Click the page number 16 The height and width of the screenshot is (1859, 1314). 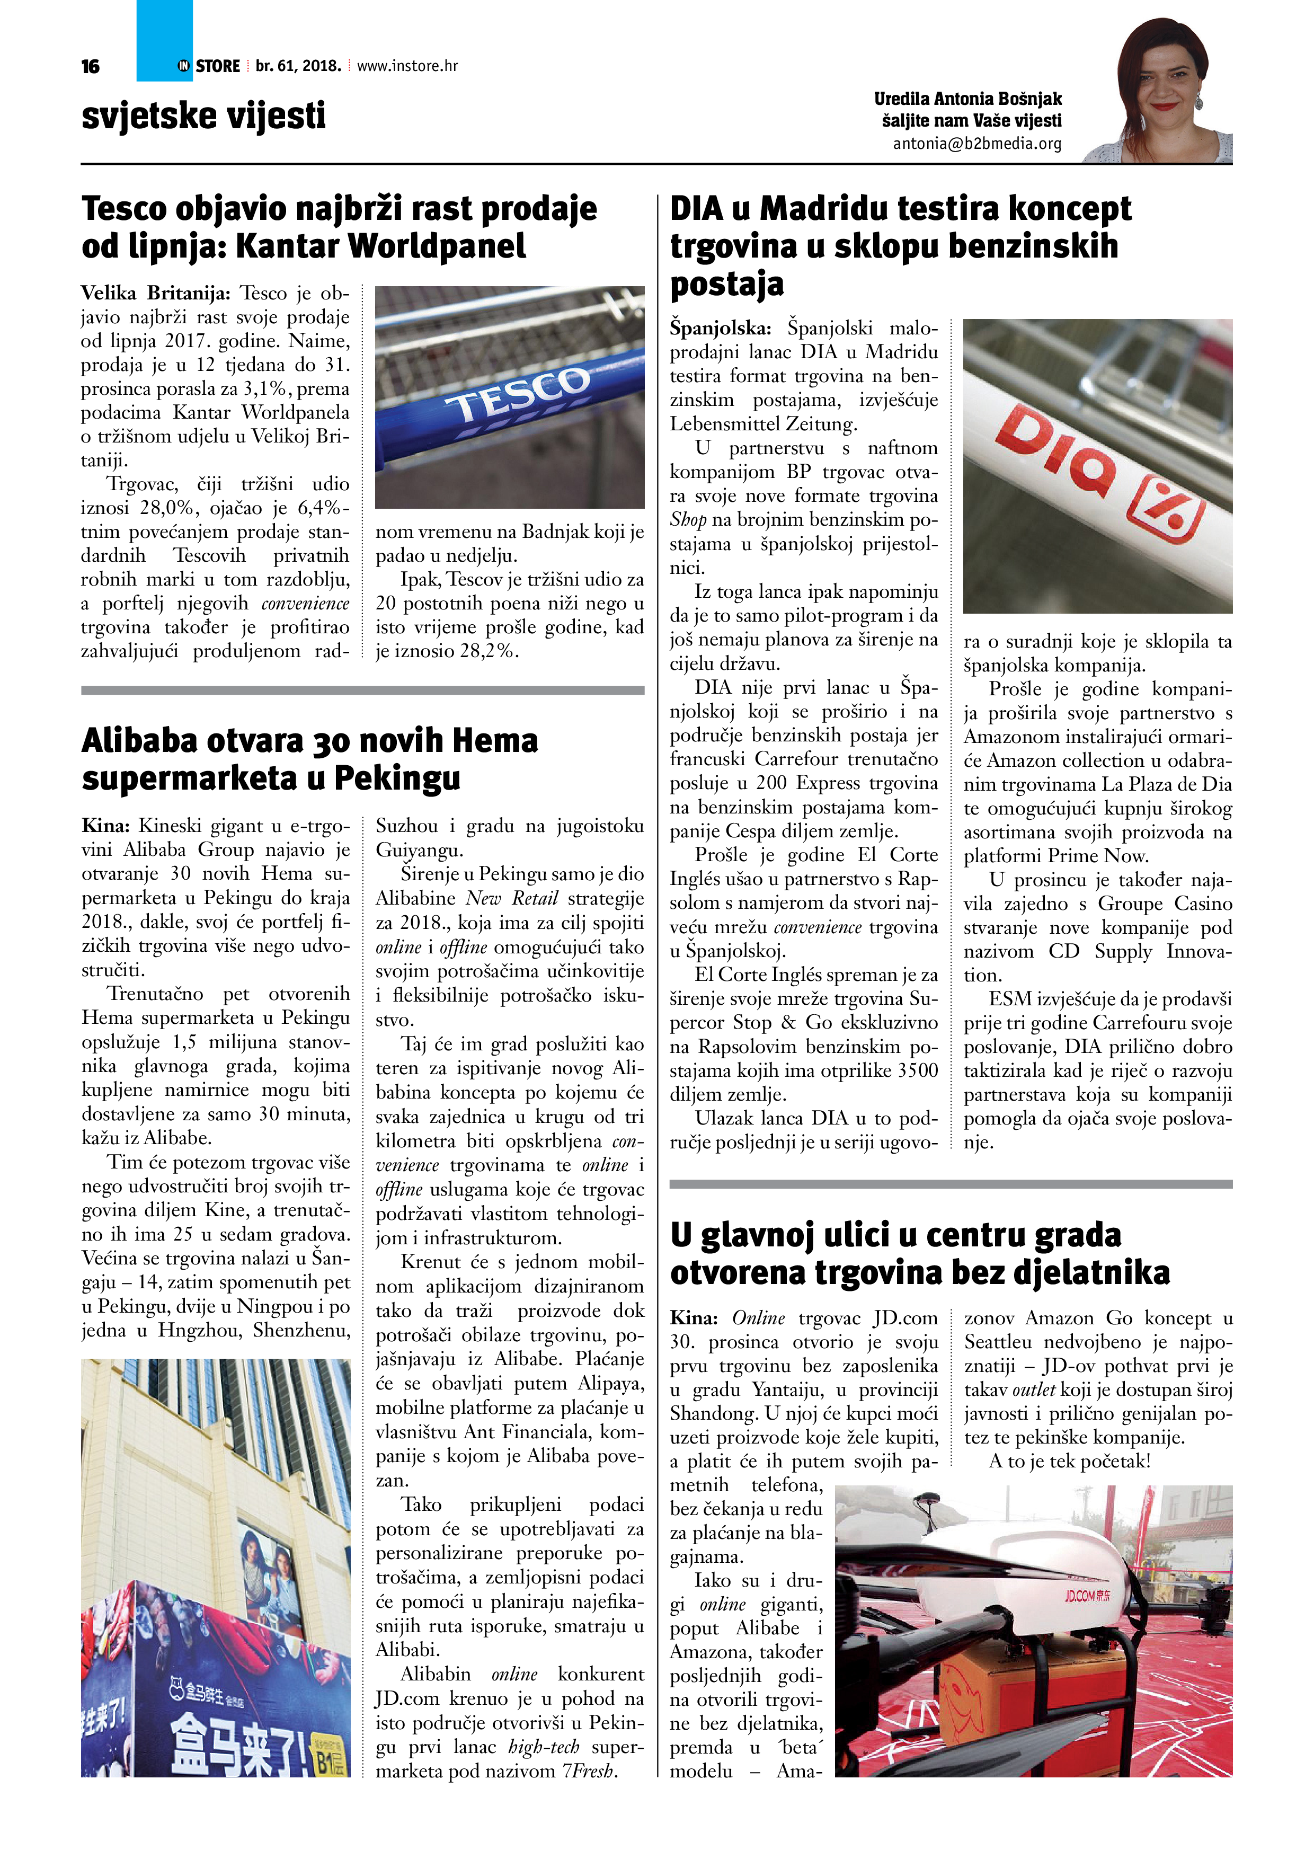point(90,66)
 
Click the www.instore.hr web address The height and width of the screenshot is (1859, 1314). point(407,66)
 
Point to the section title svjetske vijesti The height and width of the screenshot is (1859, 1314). point(203,116)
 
